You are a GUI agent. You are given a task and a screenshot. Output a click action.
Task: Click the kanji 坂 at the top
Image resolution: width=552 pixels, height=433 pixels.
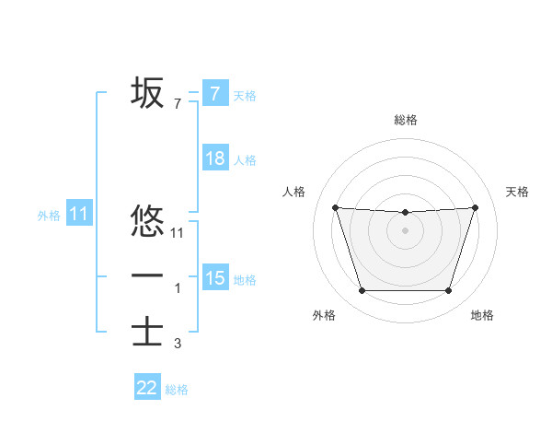(x=147, y=92)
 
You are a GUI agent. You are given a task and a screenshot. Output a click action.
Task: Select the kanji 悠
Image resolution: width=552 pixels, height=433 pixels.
(x=147, y=222)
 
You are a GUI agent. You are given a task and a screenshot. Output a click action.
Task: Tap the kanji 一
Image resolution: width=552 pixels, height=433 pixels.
(x=147, y=276)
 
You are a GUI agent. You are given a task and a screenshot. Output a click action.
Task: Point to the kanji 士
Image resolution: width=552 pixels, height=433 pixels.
(x=147, y=333)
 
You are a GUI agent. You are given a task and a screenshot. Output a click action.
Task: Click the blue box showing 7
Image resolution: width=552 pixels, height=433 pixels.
(x=214, y=94)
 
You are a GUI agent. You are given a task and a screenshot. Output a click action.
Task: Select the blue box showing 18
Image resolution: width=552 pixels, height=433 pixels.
(x=214, y=158)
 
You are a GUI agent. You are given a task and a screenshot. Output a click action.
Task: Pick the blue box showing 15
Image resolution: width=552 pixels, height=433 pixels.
(x=214, y=278)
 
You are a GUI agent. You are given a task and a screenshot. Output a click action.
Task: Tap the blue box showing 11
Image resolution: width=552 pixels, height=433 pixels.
(x=79, y=215)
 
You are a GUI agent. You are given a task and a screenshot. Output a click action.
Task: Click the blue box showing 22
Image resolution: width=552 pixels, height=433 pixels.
(x=147, y=388)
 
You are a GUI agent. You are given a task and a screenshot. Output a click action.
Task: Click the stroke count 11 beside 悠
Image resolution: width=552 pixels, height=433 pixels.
(x=178, y=234)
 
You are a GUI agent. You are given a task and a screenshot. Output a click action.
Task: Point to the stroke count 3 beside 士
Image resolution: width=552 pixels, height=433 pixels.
(x=178, y=345)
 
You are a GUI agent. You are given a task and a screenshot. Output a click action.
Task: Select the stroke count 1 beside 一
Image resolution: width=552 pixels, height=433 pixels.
(x=178, y=288)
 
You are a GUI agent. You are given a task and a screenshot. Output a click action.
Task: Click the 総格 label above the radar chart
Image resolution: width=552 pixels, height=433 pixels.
(x=405, y=120)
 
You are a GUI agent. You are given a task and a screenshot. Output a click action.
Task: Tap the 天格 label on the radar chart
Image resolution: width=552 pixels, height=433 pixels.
(x=517, y=192)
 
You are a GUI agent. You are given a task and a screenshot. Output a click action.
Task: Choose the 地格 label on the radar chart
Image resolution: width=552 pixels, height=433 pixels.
(x=482, y=315)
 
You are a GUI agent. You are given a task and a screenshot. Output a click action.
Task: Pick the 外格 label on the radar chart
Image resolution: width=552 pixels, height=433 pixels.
(x=324, y=315)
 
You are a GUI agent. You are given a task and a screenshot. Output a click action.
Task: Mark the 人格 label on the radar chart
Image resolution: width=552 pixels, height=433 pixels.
(x=293, y=192)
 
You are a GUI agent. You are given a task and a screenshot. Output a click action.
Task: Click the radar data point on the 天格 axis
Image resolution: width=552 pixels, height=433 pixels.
(x=476, y=207)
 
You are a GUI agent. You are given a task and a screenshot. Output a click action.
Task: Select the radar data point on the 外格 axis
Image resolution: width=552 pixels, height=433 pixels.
(x=362, y=291)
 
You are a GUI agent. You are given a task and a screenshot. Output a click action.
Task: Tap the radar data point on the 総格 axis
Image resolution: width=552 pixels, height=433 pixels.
(x=405, y=213)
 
